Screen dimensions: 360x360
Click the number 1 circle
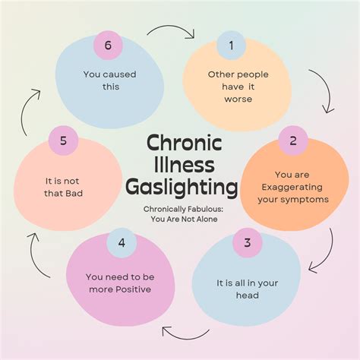click(231, 46)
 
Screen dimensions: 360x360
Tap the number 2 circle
click(293, 141)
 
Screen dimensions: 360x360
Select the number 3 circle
click(248, 242)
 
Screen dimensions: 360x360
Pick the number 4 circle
click(122, 243)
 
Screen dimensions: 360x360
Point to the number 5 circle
click(63, 141)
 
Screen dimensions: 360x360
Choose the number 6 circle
click(108, 46)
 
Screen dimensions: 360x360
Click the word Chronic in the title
click(185, 142)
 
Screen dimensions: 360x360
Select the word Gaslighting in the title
click(182, 188)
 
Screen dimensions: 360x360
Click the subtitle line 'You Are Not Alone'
click(184, 219)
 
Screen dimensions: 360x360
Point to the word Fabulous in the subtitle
click(205, 209)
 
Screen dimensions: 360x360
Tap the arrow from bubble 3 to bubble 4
click(186, 336)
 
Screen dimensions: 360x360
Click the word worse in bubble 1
click(238, 99)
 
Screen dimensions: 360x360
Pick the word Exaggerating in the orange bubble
click(292, 188)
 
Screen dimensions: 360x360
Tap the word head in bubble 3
click(248, 295)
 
